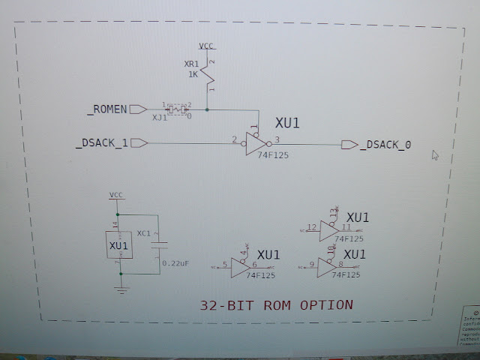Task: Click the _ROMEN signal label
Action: (107, 110)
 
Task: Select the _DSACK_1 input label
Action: (100, 143)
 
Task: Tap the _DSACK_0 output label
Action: (385, 145)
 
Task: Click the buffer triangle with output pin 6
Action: (241, 267)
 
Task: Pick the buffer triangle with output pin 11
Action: (329, 229)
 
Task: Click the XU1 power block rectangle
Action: (118, 246)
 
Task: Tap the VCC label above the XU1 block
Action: (116, 195)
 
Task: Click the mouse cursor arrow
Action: (435, 155)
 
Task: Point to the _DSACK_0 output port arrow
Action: (349, 144)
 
